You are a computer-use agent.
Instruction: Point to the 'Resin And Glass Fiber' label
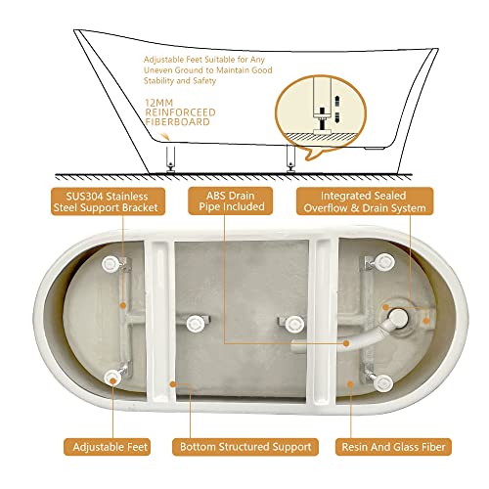coord(394,447)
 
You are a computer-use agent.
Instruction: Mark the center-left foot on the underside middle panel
coord(194,322)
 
